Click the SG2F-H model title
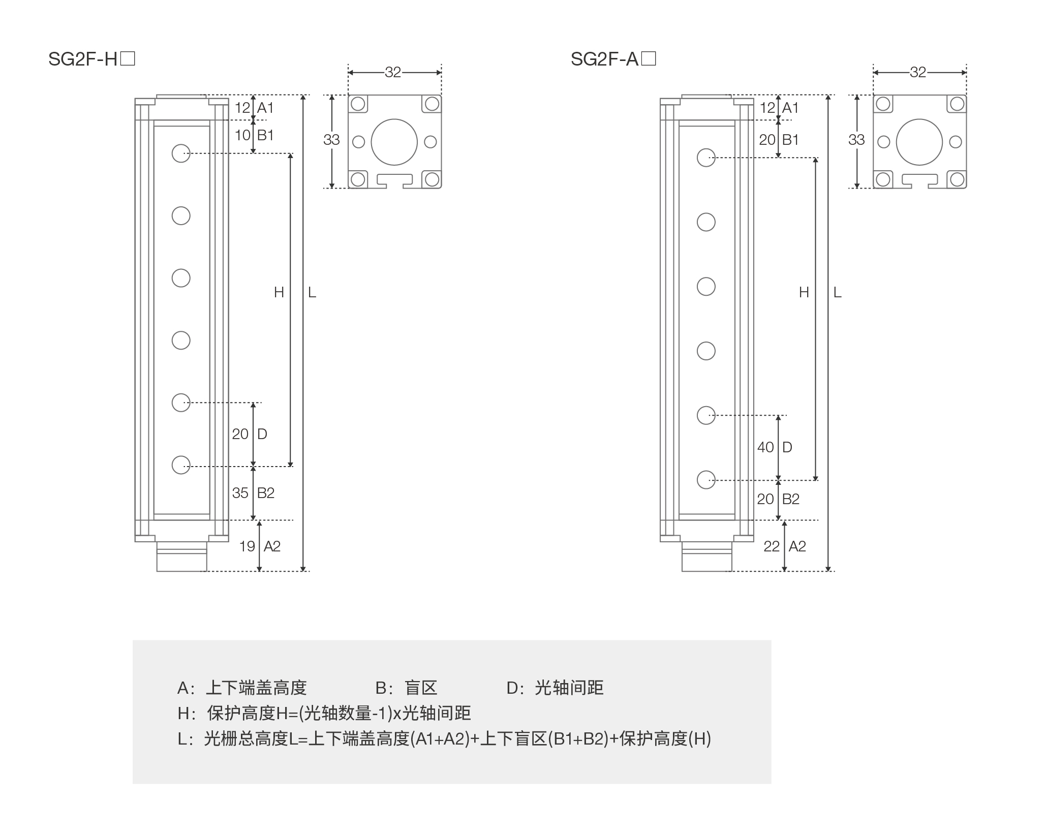(x=91, y=59)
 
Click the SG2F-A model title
(x=613, y=59)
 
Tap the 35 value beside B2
(x=240, y=493)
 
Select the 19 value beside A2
(x=247, y=546)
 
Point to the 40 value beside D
(x=765, y=447)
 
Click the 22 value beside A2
(x=772, y=546)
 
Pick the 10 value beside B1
(x=242, y=135)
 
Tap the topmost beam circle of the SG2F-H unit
(x=181, y=153)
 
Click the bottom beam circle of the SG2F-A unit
(x=706, y=479)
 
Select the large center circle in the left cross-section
(x=394, y=142)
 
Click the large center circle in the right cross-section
(x=919, y=142)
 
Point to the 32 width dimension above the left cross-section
(x=393, y=73)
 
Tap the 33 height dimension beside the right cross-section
(x=856, y=140)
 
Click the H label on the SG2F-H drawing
(x=279, y=292)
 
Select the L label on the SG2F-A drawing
(x=838, y=292)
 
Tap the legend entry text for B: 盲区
(x=406, y=688)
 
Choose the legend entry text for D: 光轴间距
(x=555, y=688)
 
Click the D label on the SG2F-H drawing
(x=262, y=434)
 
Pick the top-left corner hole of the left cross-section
(x=358, y=104)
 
